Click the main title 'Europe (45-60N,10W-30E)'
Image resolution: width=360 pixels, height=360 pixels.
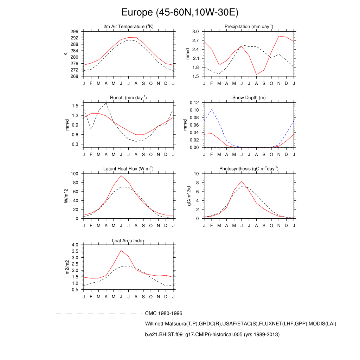(180, 13)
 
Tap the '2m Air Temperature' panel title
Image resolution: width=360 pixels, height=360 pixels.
(128, 27)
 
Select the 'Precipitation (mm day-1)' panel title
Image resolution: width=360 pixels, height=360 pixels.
(249, 27)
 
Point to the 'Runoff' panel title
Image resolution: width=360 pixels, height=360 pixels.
(128, 97)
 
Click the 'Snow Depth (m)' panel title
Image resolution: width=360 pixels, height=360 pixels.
(249, 98)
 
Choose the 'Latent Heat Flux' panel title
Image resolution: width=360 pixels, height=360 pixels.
(128, 169)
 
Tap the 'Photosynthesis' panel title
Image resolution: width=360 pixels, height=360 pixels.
(249, 169)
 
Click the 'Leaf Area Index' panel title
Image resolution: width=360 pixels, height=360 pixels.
(128, 241)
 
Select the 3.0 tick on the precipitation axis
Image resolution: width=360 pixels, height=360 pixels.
(196, 32)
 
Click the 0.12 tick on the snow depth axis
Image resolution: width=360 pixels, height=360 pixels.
(194, 103)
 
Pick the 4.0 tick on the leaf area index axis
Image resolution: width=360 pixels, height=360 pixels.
(77, 245)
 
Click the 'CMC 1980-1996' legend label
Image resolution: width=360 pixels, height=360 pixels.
(163, 313)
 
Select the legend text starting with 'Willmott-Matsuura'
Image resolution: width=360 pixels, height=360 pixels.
(240, 324)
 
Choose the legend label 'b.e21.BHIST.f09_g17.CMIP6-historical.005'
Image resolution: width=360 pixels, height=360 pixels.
(212, 335)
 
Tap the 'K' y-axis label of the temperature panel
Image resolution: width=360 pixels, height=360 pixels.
(66, 54)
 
